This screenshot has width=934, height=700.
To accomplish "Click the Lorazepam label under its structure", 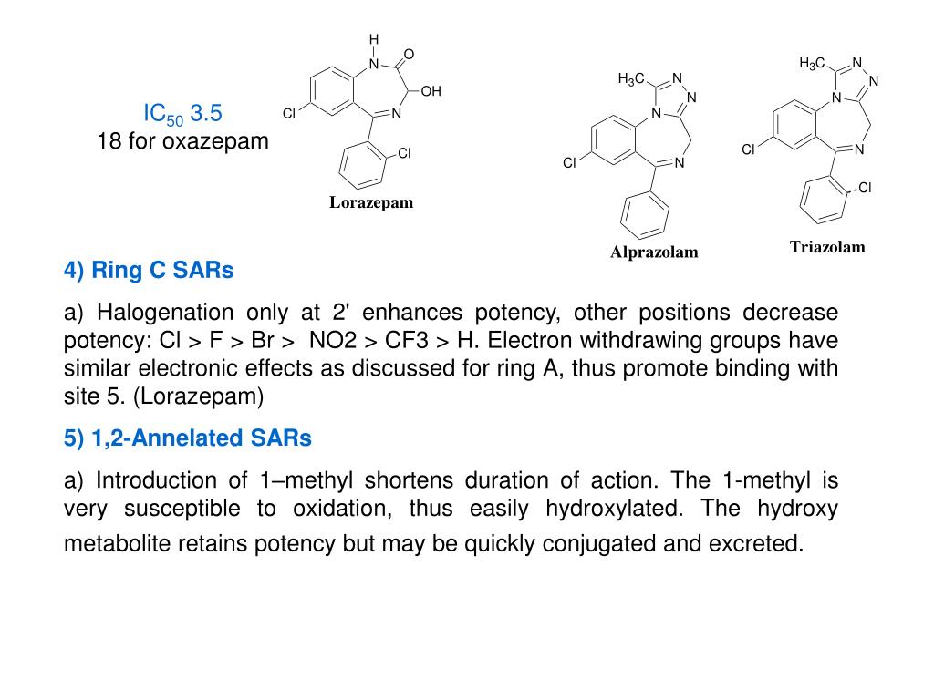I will tap(371, 202).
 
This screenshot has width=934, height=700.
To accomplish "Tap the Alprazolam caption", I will tap(654, 252).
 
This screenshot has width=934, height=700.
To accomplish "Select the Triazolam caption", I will tap(827, 247).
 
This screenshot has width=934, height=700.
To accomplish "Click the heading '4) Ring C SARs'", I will tap(149, 271).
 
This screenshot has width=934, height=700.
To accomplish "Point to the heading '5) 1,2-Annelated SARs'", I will tap(188, 438).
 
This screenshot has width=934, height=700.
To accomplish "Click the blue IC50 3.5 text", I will tap(182, 114).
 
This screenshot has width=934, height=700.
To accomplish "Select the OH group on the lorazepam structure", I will tap(431, 91).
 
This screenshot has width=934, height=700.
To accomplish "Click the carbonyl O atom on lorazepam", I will tap(409, 55).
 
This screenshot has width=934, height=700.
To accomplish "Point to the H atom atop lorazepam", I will tap(373, 39).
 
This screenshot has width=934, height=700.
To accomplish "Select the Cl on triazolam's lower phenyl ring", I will tap(865, 188).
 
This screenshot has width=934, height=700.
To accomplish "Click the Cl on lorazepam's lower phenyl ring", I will tap(404, 153).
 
